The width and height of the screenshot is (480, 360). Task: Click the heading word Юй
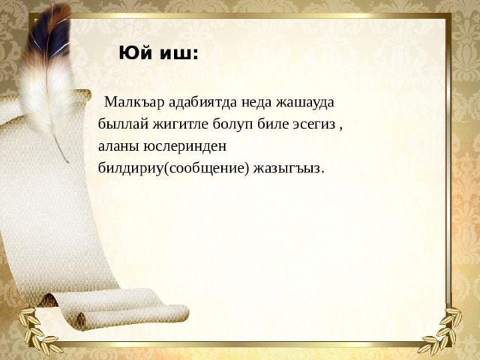(x=133, y=54)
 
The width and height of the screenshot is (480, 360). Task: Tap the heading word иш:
(x=177, y=54)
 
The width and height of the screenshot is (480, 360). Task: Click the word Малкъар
(x=132, y=102)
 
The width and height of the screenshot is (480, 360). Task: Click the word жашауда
(x=306, y=102)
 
